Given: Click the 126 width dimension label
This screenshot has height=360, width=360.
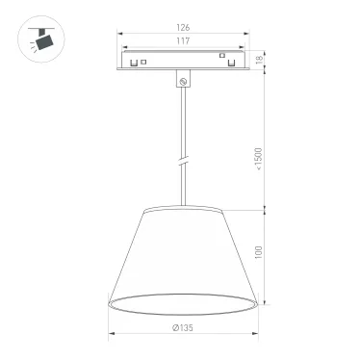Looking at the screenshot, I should tap(183, 28).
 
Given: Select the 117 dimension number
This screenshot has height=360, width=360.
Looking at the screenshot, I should tap(183, 41).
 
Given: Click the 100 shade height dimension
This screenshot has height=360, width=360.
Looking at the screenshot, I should tap(259, 252).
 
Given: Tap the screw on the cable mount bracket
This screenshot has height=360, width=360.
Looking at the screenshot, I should tap(183, 82).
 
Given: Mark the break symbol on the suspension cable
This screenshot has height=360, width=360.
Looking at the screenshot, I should tap(183, 157).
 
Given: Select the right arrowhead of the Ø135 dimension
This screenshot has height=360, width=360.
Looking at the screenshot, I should tap(256, 335).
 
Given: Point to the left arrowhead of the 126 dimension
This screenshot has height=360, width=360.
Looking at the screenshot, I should tap(120, 35).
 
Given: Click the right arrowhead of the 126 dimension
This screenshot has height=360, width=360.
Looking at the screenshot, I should tap(247, 35).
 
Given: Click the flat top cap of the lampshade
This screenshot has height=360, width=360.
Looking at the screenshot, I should tap(183, 206).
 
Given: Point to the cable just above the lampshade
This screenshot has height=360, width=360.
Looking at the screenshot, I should tap(183, 193).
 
